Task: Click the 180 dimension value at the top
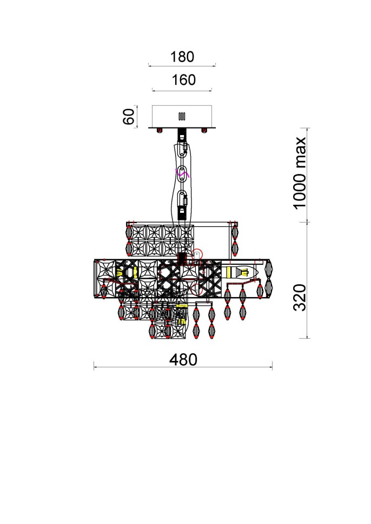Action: pyautogui.click(x=182, y=57)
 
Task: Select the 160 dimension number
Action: pyautogui.click(x=183, y=80)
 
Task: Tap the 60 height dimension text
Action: pyautogui.click(x=129, y=116)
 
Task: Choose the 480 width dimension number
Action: pyautogui.click(x=182, y=359)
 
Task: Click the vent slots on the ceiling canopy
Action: pyautogui.click(x=182, y=116)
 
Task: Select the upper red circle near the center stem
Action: pyautogui.click(x=198, y=252)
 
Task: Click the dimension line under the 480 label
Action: pyautogui.click(x=183, y=368)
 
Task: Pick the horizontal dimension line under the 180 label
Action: pyautogui.click(x=182, y=66)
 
